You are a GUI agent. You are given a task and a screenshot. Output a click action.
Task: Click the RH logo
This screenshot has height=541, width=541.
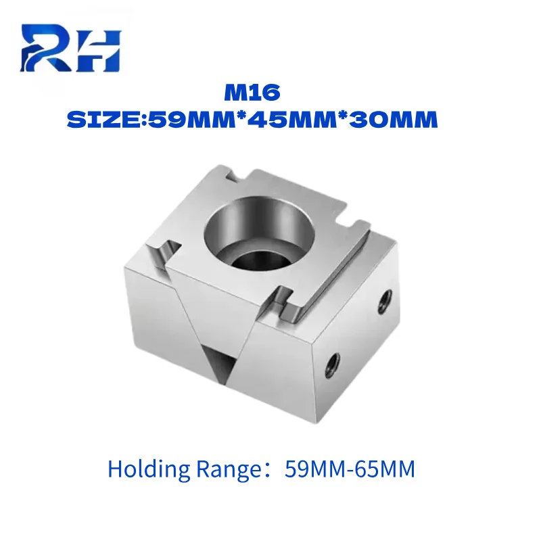coord(71,48)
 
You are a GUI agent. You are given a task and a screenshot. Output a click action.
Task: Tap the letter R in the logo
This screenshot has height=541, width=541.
coord(45,48)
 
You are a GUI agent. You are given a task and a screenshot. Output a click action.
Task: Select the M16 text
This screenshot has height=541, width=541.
coord(252,93)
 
